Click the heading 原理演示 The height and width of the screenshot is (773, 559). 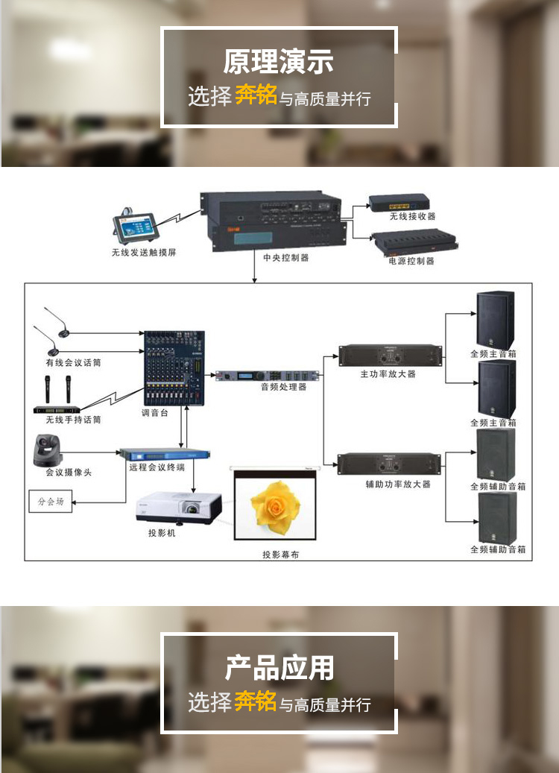tap(279, 62)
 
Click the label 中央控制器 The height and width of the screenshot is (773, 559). tap(285, 257)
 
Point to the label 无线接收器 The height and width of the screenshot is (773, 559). tap(412, 216)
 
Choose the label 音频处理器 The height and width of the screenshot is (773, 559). tap(283, 387)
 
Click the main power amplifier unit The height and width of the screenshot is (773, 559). tap(388, 355)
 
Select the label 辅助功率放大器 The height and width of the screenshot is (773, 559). tap(388, 484)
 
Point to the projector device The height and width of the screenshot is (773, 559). tap(179, 508)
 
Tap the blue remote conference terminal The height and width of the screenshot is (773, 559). tap(165, 452)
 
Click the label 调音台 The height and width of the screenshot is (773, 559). tap(156, 411)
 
